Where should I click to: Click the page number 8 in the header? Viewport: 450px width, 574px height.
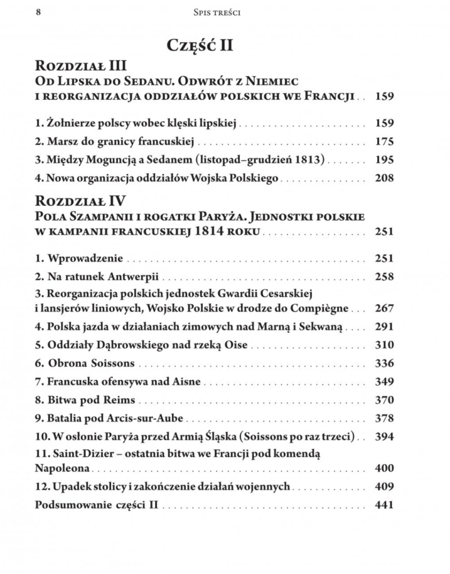click(38, 13)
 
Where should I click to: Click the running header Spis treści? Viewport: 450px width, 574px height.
click(222, 13)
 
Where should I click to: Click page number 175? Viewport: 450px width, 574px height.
click(384, 141)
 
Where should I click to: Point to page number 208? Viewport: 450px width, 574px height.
click(384, 178)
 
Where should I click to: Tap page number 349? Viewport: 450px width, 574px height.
click(384, 382)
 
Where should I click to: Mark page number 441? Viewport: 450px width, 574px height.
click(384, 504)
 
